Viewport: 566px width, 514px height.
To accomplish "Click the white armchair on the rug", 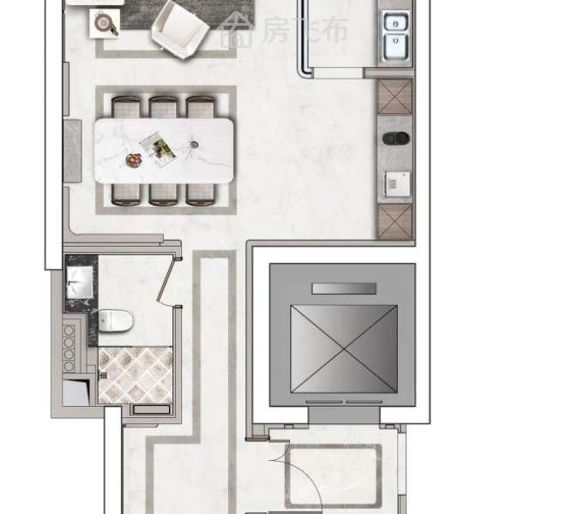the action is pos(179,30).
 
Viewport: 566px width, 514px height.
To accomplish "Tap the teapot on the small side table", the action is pos(104,23).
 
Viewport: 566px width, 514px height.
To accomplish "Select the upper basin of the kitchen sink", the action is pos(396,23).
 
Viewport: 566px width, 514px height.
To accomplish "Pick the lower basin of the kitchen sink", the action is pos(396,46).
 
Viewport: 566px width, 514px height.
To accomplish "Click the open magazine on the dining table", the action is pos(158,150).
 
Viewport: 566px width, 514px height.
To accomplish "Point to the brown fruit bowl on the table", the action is pos(134,160).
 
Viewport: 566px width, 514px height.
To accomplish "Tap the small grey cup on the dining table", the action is pos(194,145).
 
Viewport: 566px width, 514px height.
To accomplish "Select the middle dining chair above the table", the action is pos(163,107).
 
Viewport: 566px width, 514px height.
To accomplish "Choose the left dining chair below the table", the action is pos(126,194).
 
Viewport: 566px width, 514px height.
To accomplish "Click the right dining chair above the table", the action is pos(201,107).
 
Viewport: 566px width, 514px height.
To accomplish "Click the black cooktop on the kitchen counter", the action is pos(396,138).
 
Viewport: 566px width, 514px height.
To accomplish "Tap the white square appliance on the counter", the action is pos(397,184).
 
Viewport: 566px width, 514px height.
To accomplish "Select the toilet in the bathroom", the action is pos(115,320).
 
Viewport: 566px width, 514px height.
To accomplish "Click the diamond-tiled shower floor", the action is pos(135,375).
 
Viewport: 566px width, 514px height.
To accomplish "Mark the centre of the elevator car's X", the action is pos(344,350).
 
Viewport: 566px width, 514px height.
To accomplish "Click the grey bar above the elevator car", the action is pos(344,288).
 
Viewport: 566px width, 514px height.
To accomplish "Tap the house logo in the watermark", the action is pos(238,30).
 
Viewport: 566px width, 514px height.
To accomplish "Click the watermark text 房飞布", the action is pos(305,30).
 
